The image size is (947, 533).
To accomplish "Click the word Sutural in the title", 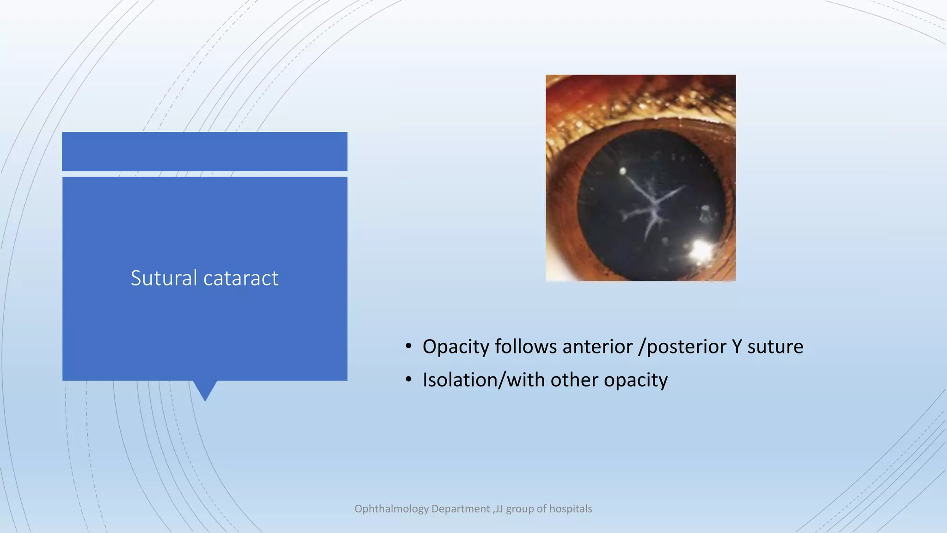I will tap(164, 278).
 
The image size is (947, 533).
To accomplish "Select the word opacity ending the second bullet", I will tap(635, 381).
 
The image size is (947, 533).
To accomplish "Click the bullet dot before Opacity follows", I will tap(408, 347).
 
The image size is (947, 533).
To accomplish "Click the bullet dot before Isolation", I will tap(408, 380).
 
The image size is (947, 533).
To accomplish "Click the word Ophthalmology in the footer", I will tap(391, 509).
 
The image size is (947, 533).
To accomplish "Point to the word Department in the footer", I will tap(460, 509).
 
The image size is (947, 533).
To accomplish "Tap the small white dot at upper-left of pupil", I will tap(623, 172).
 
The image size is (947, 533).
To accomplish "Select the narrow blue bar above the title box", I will tap(204, 151).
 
